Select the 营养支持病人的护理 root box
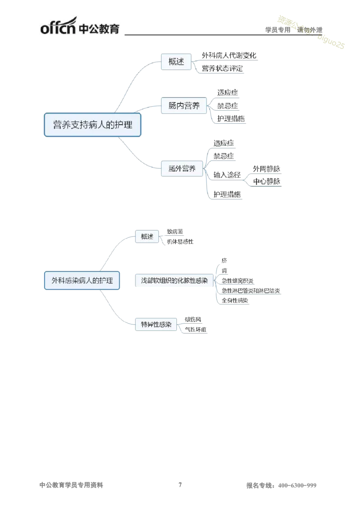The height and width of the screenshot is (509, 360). tap(93, 125)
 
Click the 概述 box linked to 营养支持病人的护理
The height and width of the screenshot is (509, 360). tap(176, 62)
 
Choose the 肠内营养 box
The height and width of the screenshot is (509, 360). tap(184, 107)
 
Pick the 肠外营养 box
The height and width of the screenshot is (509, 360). tap(182, 169)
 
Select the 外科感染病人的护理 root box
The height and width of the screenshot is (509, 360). tap(82, 280)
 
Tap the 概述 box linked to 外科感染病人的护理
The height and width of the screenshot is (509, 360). tap(147, 237)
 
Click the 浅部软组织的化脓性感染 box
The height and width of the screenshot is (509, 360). tap(174, 280)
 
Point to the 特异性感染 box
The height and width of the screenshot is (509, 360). tap(156, 324)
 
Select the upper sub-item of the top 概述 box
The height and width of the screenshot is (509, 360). tap(230, 55)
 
